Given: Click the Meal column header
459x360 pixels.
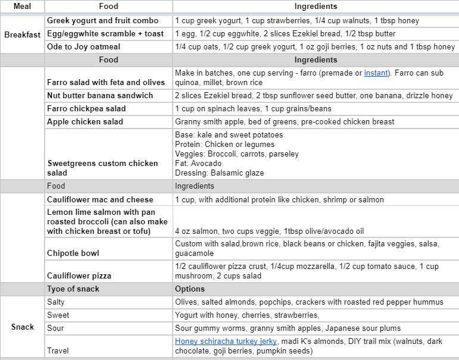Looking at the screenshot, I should (x=22, y=7).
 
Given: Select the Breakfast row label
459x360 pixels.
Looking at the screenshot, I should (x=22, y=34).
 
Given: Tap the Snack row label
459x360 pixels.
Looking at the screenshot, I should (x=22, y=327).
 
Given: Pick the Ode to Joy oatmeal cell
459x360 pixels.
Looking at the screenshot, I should (x=85, y=47).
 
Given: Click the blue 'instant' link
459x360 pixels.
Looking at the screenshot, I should (x=376, y=73).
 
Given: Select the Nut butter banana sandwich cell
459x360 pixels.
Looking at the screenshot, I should (x=100, y=96).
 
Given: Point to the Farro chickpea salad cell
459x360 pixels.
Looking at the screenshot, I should (x=86, y=109).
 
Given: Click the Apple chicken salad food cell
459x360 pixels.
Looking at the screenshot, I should (x=85, y=122).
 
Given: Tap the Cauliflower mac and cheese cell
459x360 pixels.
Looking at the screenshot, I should (x=100, y=200).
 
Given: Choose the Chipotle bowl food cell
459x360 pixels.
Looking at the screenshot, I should (x=73, y=253).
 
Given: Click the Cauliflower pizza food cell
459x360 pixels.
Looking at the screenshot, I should (x=79, y=276).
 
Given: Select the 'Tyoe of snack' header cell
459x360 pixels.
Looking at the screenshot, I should (x=73, y=289).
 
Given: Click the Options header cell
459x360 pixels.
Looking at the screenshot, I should (x=190, y=289).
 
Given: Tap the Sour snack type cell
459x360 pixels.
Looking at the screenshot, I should (x=57, y=328).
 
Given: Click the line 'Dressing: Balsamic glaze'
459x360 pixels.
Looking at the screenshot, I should (x=219, y=173).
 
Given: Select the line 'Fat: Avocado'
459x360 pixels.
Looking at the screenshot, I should (x=198, y=164).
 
